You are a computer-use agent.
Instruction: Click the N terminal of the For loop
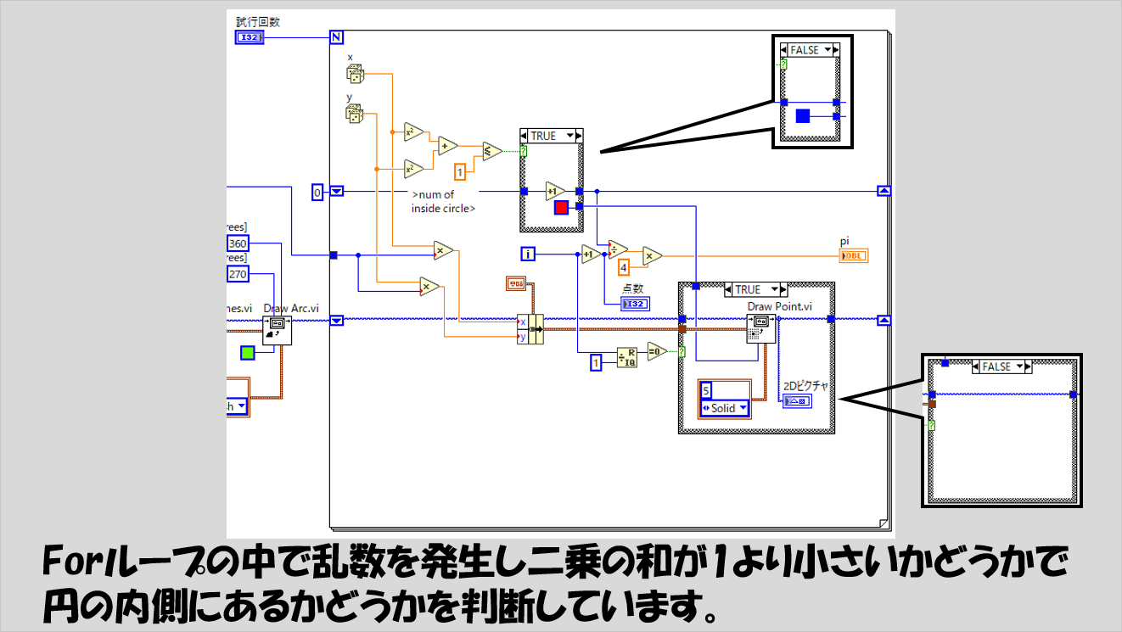coord(335,36)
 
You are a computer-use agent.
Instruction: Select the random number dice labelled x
coord(355,74)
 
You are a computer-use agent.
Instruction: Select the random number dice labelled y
coord(355,114)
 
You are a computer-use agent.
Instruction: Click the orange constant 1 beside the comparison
coord(461,172)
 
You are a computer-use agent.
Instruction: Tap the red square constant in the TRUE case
coord(560,208)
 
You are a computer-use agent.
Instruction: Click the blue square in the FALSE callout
coord(802,116)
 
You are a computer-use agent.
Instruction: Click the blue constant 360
coord(238,244)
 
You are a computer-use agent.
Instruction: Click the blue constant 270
coord(238,274)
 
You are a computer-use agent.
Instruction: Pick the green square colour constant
coord(247,352)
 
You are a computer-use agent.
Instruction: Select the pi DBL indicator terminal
coord(853,254)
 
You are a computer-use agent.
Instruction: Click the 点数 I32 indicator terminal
coord(634,304)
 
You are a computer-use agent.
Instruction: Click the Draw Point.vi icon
coord(760,327)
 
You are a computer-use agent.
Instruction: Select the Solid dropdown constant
coord(724,408)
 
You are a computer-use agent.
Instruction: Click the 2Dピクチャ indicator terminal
coord(798,400)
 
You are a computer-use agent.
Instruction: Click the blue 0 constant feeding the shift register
coord(318,192)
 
